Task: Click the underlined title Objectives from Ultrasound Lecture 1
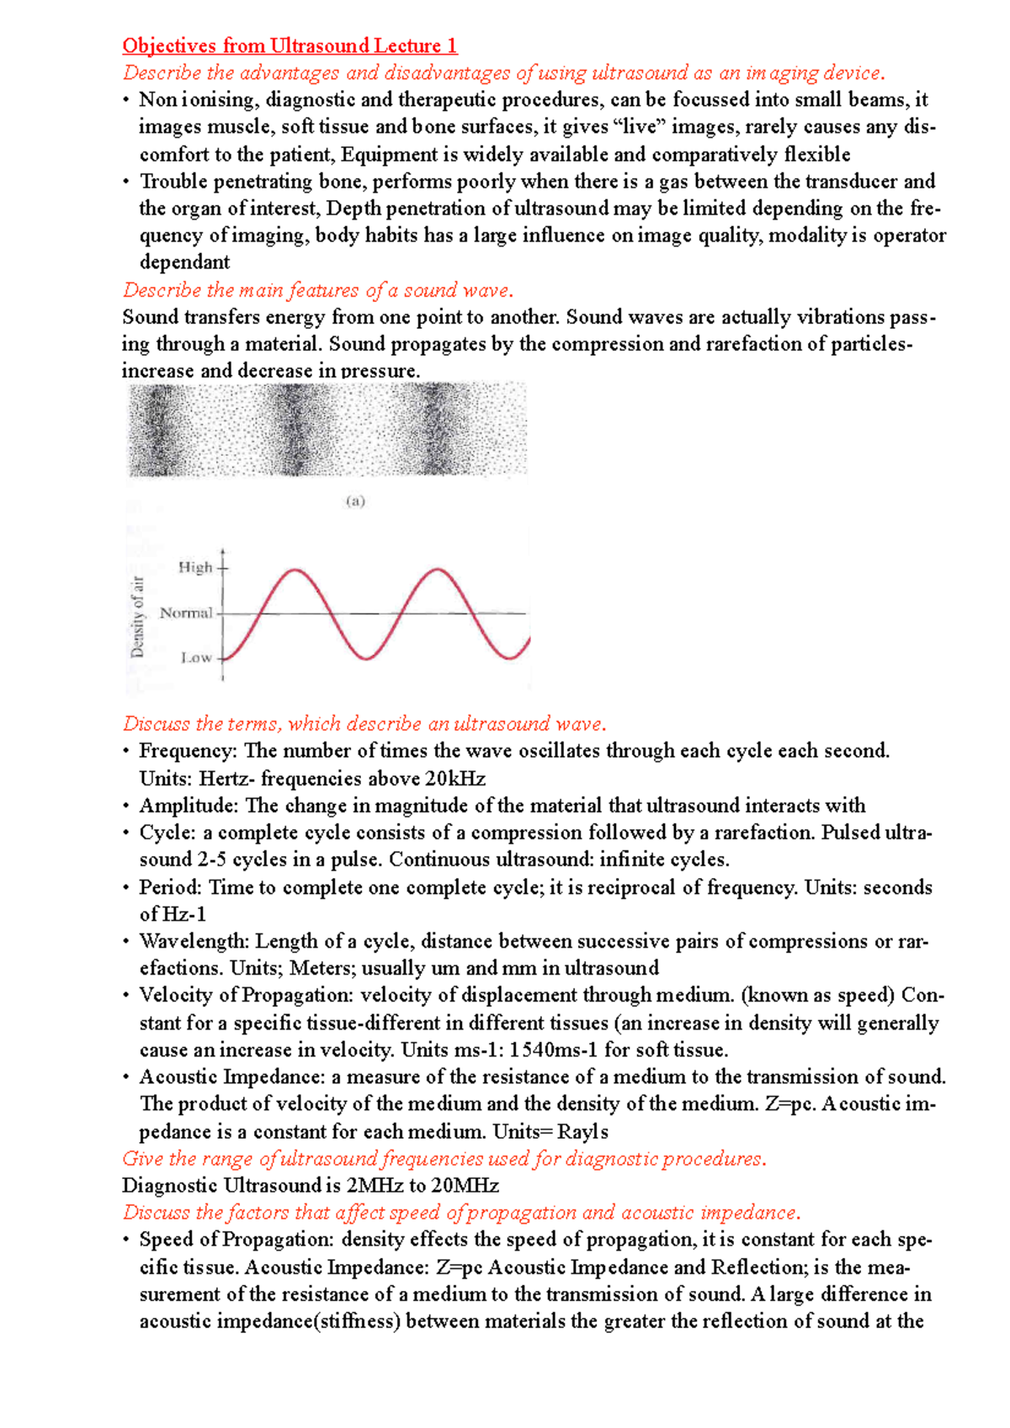point(290,45)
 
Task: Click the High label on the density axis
point(195,568)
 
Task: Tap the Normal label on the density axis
point(186,613)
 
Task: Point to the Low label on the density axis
point(196,658)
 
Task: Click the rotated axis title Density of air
point(138,616)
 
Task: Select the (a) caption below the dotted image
point(355,501)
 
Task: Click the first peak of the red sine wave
point(294,571)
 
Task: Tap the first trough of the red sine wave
point(366,658)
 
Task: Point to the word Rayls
point(583,1132)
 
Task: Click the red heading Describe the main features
point(317,290)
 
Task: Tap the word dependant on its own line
point(184,262)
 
